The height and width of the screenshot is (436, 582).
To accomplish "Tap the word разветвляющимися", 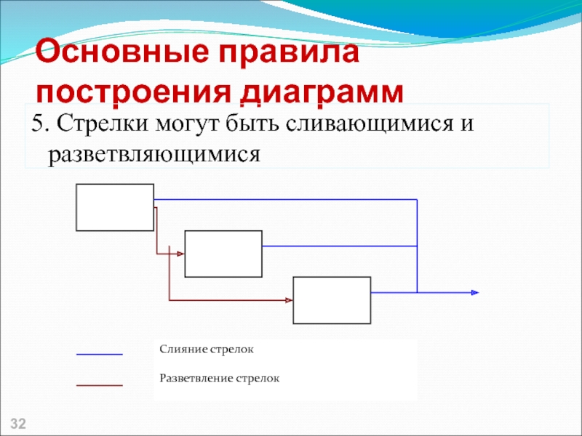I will click(x=154, y=154).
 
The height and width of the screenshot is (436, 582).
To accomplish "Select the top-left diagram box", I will click(x=115, y=207).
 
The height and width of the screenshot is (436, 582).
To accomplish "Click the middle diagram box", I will click(x=223, y=254).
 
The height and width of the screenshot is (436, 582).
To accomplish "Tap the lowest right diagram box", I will click(x=332, y=300).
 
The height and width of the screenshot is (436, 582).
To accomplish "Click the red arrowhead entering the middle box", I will click(x=181, y=254).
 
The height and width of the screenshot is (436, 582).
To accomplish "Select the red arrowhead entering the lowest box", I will click(x=289, y=299).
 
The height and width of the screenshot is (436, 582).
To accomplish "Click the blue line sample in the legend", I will click(x=100, y=354).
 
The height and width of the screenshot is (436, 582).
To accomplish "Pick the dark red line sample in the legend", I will click(x=100, y=384).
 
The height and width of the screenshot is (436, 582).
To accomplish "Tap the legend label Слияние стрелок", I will click(x=207, y=350).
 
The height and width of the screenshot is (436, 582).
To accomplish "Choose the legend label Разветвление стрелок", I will click(x=220, y=379).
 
